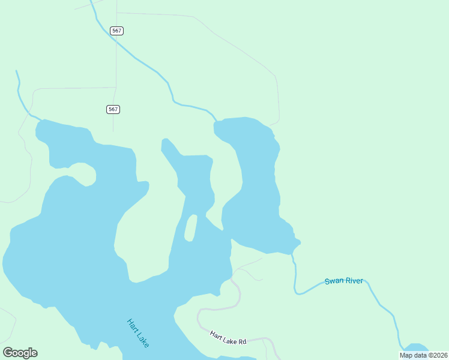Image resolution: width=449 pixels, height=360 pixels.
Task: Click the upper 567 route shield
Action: (x=117, y=31)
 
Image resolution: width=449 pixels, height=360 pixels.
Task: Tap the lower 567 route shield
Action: (x=113, y=109)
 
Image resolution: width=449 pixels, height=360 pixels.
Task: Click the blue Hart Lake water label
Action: (x=138, y=332)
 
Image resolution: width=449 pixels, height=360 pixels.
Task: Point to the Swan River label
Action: (x=344, y=281)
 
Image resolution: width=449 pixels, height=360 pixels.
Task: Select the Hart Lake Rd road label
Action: (x=228, y=338)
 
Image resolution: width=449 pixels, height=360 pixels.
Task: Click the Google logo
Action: (x=20, y=353)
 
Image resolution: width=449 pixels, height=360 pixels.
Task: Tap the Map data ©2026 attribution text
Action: (x=424, y=355)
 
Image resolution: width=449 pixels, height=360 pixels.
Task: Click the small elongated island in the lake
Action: (x=190, y=228)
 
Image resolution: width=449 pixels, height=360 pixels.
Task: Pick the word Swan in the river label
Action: (x=333, y=281)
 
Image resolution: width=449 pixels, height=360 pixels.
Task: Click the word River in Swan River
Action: (x=354, y=281)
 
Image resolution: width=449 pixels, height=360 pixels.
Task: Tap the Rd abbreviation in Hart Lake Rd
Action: (x=243, y=342)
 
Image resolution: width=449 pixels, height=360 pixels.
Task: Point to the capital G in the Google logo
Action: (x=8, y=352)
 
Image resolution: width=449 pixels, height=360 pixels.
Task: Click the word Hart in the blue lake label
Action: (x=133, y=325)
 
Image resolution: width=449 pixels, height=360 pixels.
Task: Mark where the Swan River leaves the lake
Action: (x=293, y=256)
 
